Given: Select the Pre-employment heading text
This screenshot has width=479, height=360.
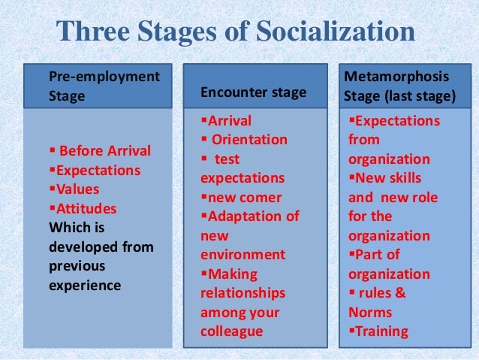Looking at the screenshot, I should click(104, 76).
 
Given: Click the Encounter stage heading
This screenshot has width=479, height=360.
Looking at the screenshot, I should click(254, 93).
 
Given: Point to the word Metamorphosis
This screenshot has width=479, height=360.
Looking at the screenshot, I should click(396, 77).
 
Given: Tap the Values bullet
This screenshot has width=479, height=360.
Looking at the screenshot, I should click(76, 189).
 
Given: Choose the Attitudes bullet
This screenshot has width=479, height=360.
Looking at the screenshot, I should click(84, 208).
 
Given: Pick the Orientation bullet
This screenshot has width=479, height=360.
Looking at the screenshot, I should click(249, 140).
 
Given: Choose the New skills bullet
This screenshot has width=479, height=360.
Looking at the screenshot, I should click(387, 178).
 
